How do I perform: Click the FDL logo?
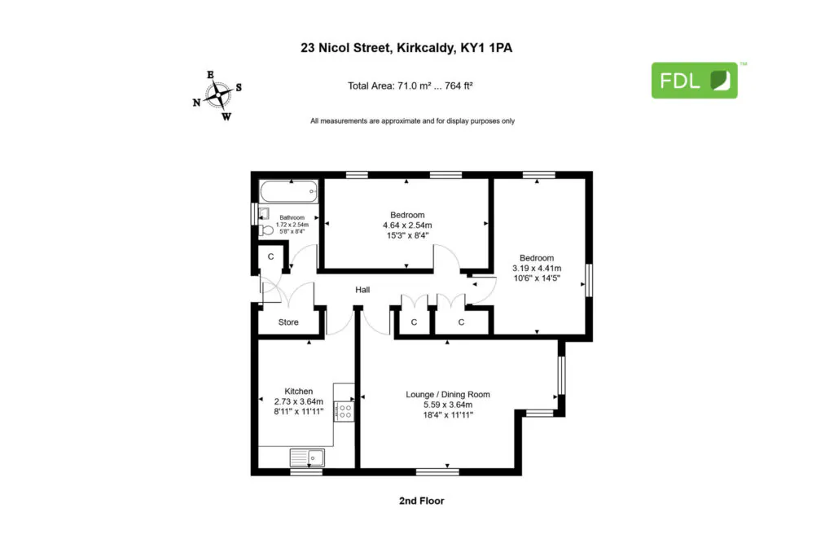click(x=695, y=81)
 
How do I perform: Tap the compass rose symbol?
click(x=217, y=96)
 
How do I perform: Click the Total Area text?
click(x=410, y=85)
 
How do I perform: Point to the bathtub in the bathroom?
click(x=289, y=191)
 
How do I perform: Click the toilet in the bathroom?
click(x=266, y=230)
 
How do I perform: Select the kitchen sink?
click(x=307, y=457)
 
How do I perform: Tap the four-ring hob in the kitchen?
click(x=345, y=411)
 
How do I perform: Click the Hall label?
click(x=362, y=290)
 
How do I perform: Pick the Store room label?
click(x=288, y=322)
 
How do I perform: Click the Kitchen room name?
click(x=298, y=392)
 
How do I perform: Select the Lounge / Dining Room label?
click(x=448, y=394)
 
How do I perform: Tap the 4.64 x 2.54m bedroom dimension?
click(x=407, y=225)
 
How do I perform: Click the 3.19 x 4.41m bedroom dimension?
click(x=537, y=268)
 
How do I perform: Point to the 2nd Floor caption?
click(x=421, y=501)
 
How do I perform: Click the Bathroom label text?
click(x=292, y=217)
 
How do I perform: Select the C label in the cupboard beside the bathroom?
click(x=270, y=256)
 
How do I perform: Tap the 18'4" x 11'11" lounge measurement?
click(x=448, y=415)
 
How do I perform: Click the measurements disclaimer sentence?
click(x=413, y=121)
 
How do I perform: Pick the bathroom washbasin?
click(x=264, y=213)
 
